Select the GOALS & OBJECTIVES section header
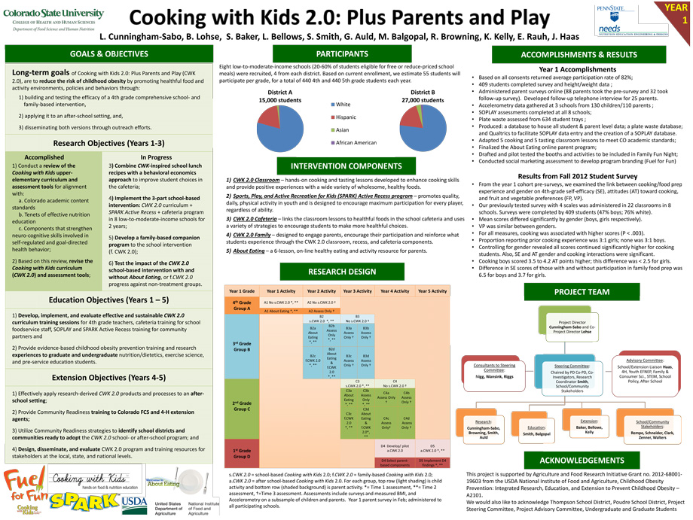click(109, 54)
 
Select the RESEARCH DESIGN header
click(343, 271)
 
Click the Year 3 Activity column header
click(357, 290)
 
